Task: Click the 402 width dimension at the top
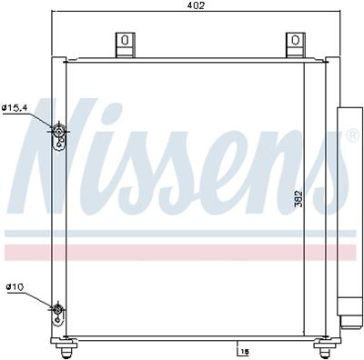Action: coord(195,5)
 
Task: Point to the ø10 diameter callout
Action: coord(15,287)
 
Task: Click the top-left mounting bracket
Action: coord(125,43)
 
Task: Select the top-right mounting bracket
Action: coord(294,43)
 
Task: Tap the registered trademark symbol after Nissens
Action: coord(351,137)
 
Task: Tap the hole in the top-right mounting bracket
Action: coord(294,39)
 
